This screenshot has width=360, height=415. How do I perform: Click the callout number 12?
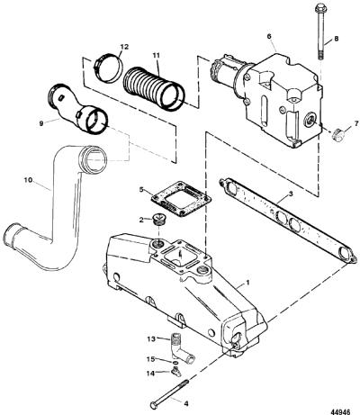point(124,47)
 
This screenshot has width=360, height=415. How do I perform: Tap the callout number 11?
point(156,55)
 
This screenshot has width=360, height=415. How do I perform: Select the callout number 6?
point(269,36)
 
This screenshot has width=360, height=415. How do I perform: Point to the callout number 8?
point(337,39)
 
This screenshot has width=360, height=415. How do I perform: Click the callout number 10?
point(28,180)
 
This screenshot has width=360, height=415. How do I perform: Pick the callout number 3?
point(291,194)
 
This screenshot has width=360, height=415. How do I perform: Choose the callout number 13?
point(151,338)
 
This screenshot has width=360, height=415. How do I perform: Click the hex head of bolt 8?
point(319,7)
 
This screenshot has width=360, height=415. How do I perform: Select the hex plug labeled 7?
point(337,135)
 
